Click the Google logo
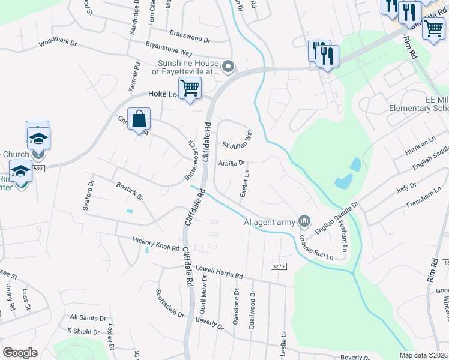(x=20, y=353)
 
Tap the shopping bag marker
(x=139, y=119)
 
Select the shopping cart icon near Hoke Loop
(x=190, y=88)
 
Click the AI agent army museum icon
(x=304, y=222)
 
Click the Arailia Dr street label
(x=232, y=163)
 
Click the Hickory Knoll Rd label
(x=155, y=244)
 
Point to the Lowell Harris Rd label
(x=219, y=273)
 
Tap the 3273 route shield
(x=277, y=266)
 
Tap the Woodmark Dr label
(x=58, y=43)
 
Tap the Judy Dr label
(x=406, y=188)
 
